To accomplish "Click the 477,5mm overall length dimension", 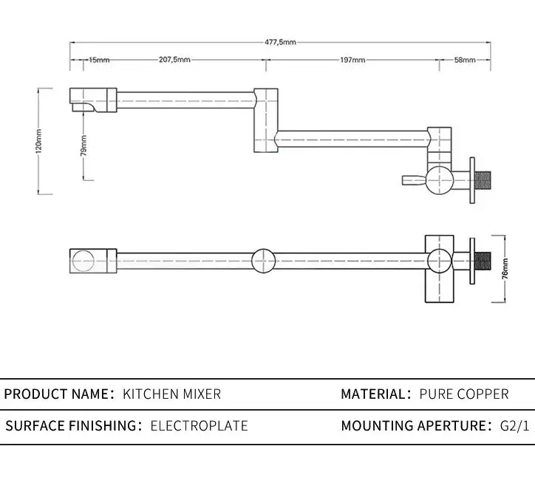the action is point(281,42).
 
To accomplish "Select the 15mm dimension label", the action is point(99,60).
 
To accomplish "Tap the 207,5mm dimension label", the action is point(174,60).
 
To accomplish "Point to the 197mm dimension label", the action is point(352,60).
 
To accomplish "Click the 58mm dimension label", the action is point(465,60).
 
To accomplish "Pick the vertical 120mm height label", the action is point(39,141).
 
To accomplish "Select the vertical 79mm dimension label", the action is point(84,145).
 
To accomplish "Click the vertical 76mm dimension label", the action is point(505,269).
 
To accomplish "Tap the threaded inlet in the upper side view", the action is point(483,180).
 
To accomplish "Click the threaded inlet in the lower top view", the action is point(483,261).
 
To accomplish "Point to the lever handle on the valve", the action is point(415,180).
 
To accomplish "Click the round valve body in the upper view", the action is point(440,180).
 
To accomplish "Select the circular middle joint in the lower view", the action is point(263,261).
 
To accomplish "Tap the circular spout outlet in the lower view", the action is point(84,261).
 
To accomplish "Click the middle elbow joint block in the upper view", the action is point(266,120).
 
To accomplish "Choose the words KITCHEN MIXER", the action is point(172,394).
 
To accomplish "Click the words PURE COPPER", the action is point(464,394).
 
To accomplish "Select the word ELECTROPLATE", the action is point(200,426).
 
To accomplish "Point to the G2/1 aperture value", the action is point(515,426).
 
